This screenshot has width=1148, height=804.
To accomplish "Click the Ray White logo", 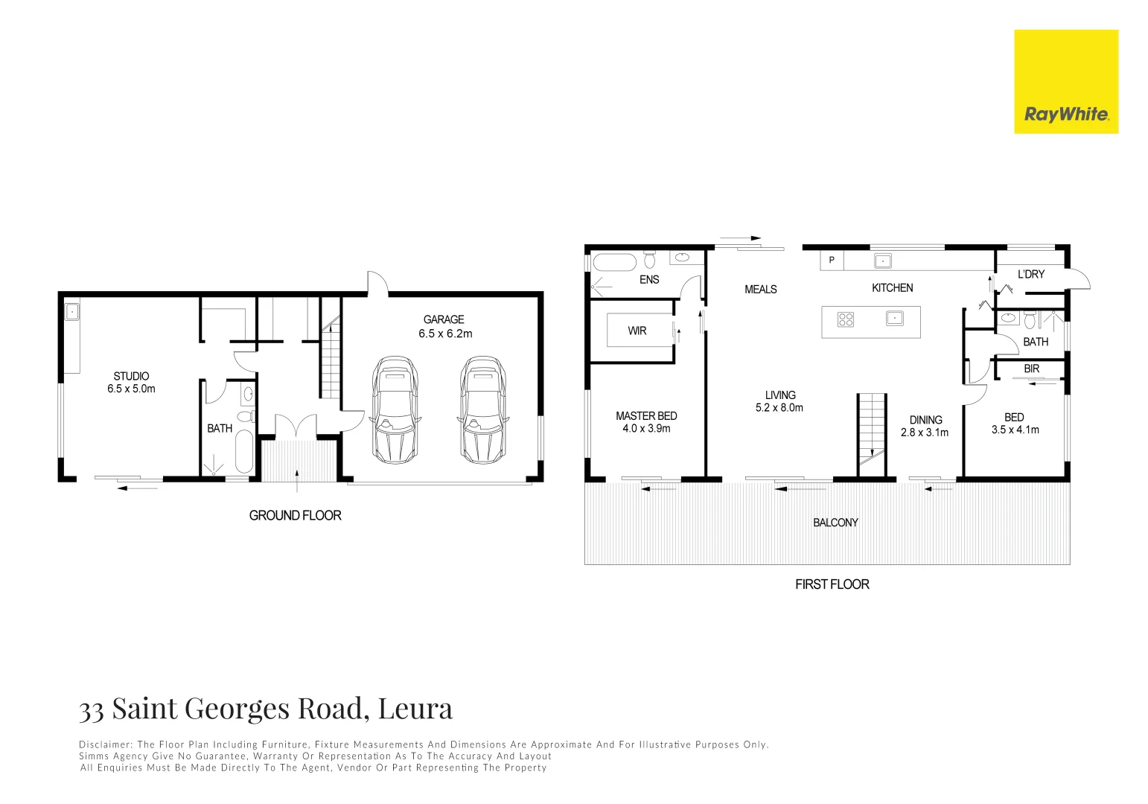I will click(1065, 82).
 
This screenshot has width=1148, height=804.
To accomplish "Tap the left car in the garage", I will click(393, 409).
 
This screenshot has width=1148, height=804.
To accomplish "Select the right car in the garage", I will click(482, 409).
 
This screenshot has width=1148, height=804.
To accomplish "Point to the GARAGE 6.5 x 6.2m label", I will click(444, 327).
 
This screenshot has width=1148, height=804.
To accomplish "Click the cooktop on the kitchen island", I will click(846, 319).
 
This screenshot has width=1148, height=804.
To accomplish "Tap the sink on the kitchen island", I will click(894, 319).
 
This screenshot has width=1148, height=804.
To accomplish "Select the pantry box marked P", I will click(832, 261).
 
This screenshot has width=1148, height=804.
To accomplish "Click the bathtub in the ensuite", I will click(614, 263).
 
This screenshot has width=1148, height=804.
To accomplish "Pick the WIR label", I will click(637, 331).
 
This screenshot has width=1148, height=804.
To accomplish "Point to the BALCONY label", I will click(835, 523).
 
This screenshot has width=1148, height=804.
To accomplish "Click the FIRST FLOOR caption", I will click(832, 584).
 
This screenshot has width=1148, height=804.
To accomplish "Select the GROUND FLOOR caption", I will click(295, 515).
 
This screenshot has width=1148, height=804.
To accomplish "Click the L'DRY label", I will click(1030, 274).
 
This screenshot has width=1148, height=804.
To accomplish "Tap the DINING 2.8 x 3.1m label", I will click(925, 426).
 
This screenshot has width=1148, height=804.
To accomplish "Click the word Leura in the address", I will click(415, 708).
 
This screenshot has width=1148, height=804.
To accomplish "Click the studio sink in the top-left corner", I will click(71, 312).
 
